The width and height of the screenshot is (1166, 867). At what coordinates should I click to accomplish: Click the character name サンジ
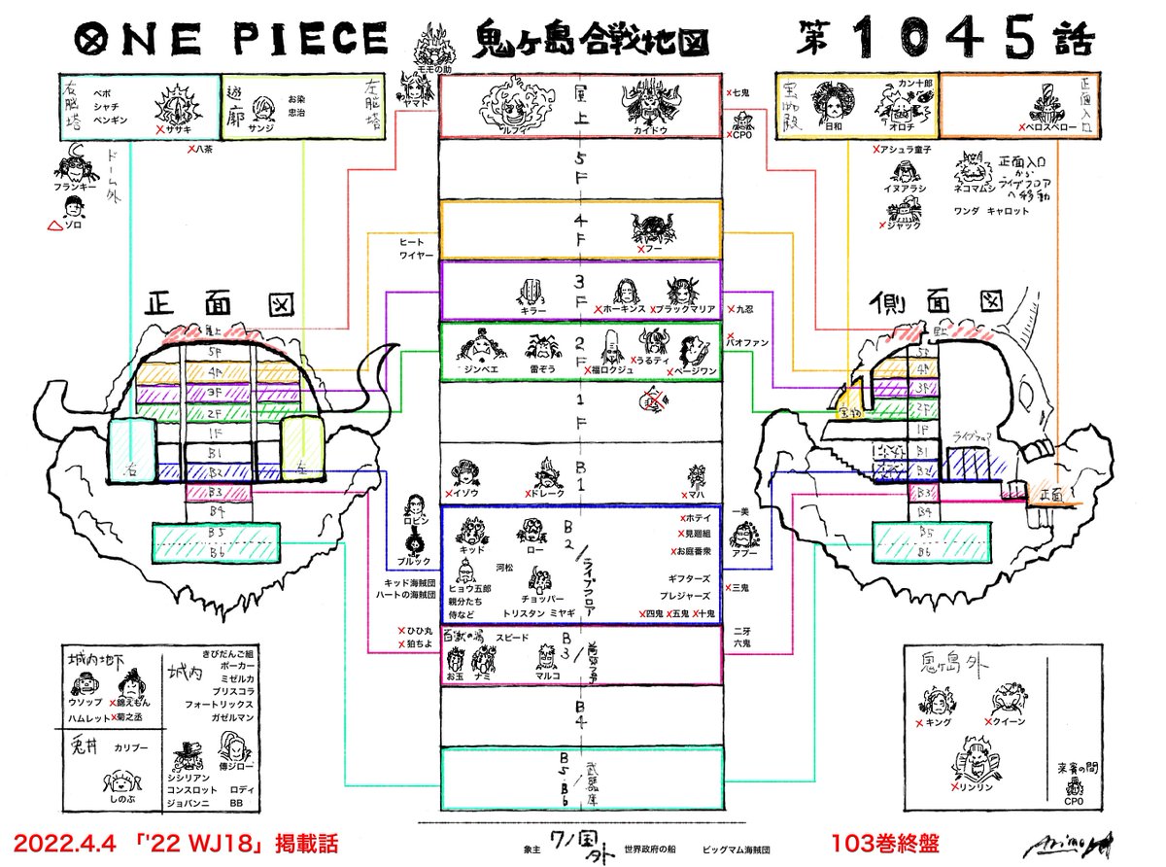pos(259,127)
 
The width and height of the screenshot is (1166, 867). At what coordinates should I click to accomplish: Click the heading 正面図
pos(209,304)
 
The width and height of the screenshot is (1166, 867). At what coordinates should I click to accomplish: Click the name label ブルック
pos(414,562)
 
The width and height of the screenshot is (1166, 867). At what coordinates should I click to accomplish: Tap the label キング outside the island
pos(937,724)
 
